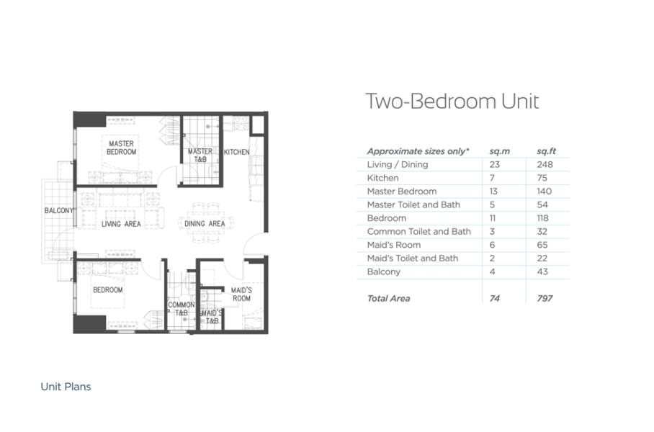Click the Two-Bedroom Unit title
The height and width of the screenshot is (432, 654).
452,102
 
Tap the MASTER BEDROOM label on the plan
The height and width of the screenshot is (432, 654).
122,148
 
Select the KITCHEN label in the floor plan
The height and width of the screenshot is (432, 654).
236,152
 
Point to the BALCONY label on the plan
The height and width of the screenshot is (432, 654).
59,210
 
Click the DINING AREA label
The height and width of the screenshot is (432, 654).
205,224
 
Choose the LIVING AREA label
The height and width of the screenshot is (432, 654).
121,224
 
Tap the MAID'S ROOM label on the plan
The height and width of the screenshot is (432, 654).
241,294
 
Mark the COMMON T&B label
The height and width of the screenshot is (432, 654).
181,309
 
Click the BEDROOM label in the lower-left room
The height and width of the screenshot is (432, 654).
107,290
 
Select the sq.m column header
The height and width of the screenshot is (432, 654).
499,151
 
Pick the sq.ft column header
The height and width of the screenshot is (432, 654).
546,151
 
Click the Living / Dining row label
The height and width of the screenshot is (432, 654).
398,164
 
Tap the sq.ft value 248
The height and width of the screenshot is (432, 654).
545,164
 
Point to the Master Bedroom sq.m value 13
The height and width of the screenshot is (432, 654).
493,192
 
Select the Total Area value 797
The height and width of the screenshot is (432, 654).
545,299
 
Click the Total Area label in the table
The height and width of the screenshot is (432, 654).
388,299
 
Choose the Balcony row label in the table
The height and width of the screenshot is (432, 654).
384,272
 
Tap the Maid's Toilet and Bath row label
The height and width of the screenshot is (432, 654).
413,258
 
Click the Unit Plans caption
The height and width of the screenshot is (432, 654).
66,387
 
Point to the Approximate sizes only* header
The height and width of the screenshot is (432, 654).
418,151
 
